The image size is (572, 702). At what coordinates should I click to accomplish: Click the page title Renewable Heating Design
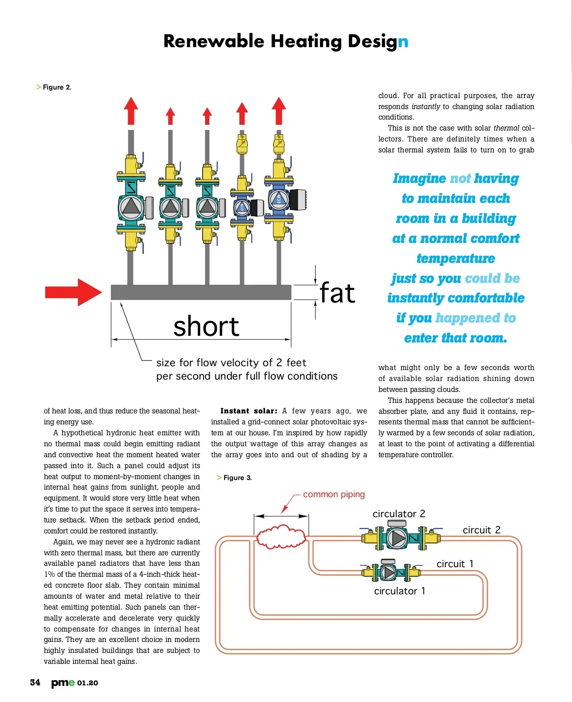click(x=286, y=41)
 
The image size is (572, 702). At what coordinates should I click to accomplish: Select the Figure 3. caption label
click(x=237, y=478)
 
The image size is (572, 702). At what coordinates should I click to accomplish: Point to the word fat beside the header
click(x=337, y=293)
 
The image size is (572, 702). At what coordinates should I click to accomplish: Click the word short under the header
click(x=206, y=327)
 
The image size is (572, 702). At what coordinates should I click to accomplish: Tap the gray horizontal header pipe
click(x=201, y=292)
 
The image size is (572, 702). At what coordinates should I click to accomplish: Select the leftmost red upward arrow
click(x=131, y=110)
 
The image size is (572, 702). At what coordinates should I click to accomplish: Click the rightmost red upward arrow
click(x=279, y=110)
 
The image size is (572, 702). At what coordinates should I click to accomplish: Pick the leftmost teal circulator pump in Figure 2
click(x=131, y=207)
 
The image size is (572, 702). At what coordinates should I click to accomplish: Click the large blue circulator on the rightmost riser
click(x=278, y=199)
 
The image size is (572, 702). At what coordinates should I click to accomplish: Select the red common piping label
click(x=334, y=494)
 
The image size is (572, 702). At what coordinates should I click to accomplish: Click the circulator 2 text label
click(x=398, y=514)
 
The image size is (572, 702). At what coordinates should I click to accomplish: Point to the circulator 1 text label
click(x=399, y=591)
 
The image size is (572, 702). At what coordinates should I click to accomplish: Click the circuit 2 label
click(x=481, y=530)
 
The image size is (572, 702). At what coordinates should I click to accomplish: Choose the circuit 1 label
click(x=455, y=564)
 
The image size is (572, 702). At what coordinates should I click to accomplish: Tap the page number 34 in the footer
click(x=35, y=682)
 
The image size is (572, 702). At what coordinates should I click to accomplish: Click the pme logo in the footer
click(x=63, y=682)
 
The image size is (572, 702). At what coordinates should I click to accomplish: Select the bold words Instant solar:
click(x=248, y=411)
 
